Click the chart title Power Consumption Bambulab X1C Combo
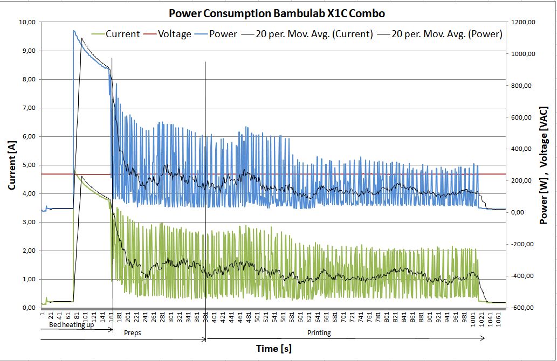(x=277, y=13)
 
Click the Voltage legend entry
(x=174, y=34)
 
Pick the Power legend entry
(x=223, y=34)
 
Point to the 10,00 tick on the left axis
(x=26, y=22)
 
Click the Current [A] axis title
(x=11, y=164)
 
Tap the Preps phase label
(x=132, y=333)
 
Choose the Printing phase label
(x=319, y=333)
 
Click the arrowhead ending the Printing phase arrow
(x=483, y=338)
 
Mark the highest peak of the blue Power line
(x=74, y=31)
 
